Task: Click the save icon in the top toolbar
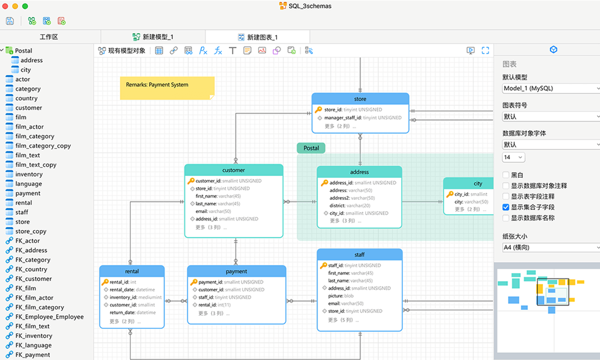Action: point(10,21)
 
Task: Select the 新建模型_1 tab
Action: point(153,37)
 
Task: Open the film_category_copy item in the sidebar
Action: point(43,145)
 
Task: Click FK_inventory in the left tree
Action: point(34,335)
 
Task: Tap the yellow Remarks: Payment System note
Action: point(167,88)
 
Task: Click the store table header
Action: point(360,99)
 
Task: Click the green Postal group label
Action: point(311,148)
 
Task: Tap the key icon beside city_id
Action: point(449,194)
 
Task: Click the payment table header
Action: point(236,271)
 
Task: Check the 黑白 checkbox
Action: point(505,175)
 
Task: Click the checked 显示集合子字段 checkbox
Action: point(505,207)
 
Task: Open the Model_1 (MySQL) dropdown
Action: point(550,88)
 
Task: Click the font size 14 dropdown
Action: point(513,157)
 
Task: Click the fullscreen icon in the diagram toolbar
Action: point(485,50)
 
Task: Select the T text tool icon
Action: point(232,50)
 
